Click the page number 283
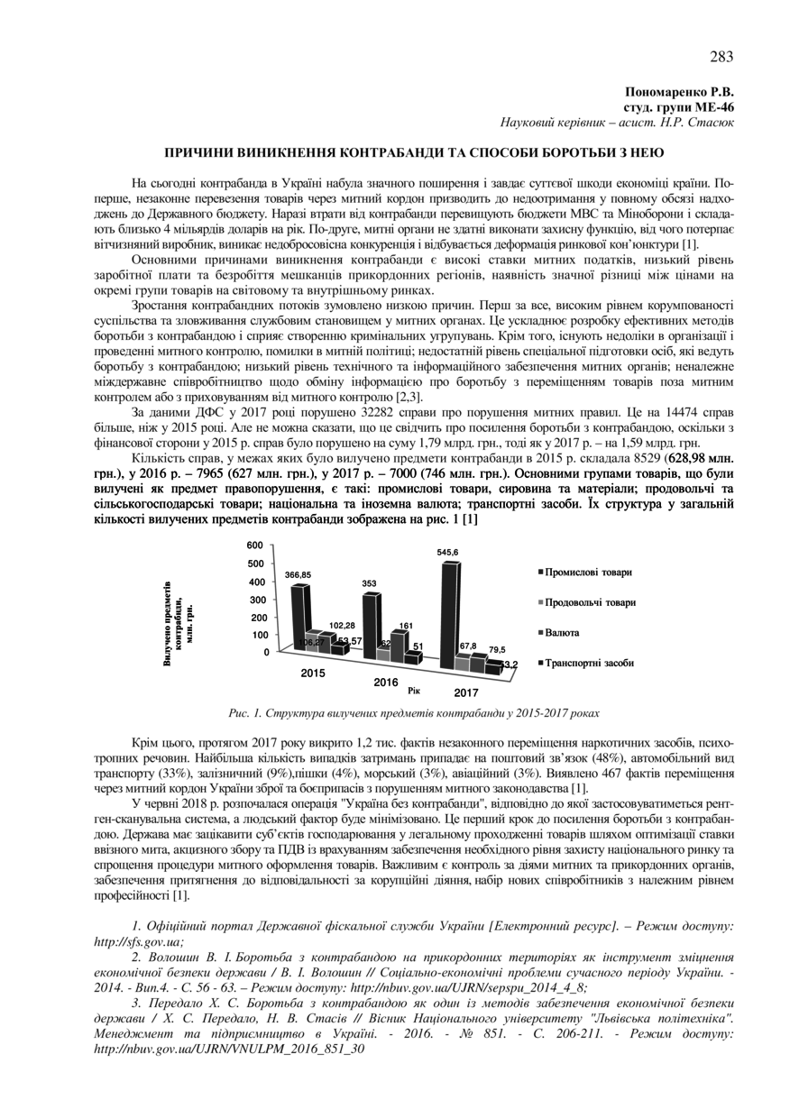click(721, 57)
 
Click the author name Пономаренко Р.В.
click(680, 92)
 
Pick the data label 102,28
click(342, 625)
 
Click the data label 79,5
click(498, 649)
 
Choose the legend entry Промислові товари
click(593, 572)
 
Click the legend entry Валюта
click(565, 632)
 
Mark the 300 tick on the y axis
click(256, 600)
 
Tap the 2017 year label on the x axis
click(466, 692)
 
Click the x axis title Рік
click(415, 690)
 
